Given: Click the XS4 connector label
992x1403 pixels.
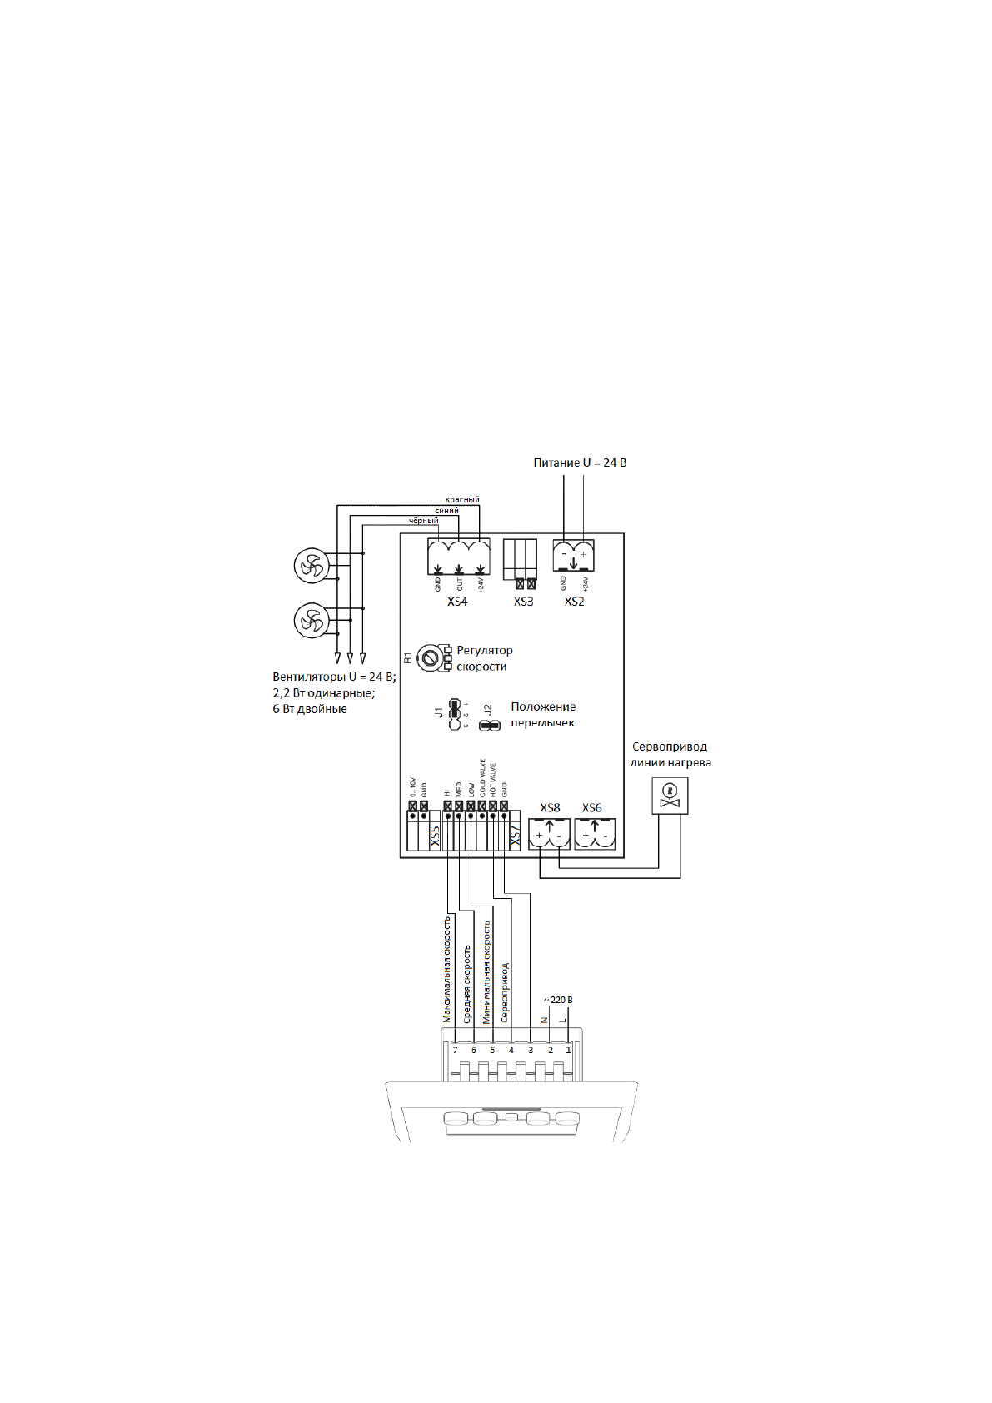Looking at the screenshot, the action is [457, 602].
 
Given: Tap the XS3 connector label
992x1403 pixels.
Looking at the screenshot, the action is [523, 602].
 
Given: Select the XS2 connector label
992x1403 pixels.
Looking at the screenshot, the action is [574, 602].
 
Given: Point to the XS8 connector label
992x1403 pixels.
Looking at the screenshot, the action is [550, 808].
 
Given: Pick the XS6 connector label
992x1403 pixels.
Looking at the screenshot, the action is [592, 808].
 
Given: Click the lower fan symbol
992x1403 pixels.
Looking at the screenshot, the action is [312, 621].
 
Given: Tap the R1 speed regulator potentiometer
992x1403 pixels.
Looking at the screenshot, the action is [430, 657].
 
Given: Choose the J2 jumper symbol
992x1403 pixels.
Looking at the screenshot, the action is [490, 726].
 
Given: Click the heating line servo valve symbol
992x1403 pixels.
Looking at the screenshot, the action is [669, 795].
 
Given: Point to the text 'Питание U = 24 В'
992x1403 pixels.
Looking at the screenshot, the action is [580, 462].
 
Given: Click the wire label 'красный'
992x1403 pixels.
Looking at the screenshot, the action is [462, 500].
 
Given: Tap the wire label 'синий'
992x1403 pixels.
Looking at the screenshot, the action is [446, 511].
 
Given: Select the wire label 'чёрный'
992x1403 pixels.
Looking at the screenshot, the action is [423, 522].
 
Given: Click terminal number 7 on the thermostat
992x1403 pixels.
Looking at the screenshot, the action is [455, 1051].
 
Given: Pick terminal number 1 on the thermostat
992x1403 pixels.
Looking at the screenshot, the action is [569, 1051].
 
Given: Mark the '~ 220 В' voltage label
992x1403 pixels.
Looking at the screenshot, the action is [558, 1000].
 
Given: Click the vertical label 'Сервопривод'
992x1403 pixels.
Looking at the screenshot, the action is [505, 992].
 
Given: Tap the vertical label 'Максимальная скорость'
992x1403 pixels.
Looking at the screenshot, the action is [447, 969].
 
